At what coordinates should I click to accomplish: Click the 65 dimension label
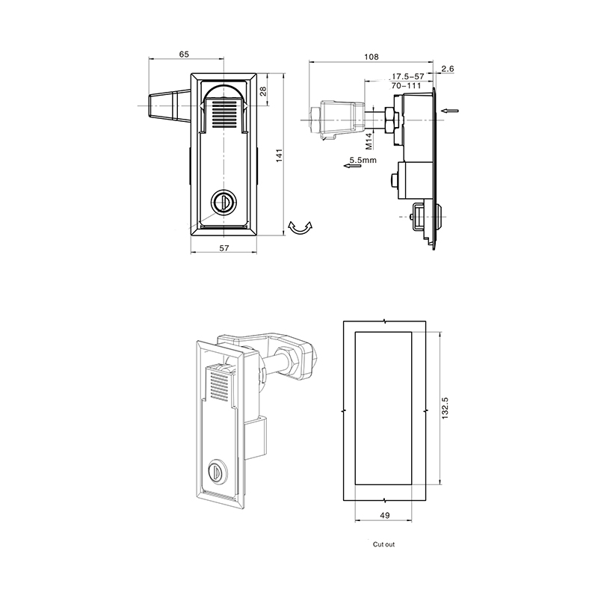click(184, 54)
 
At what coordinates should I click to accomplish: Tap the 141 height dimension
click(279, 155)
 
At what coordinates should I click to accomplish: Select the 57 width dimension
click(224, 248)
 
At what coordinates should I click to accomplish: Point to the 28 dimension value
click(263, 91)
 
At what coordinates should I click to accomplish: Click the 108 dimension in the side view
click(371, 57)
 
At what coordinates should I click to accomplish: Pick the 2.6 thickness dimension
click(448, 69)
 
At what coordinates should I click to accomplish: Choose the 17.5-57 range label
click(408, 76)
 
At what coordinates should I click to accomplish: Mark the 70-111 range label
click(406, 86)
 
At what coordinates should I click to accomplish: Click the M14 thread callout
click(369, 141)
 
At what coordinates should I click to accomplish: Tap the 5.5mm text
click(363, 160)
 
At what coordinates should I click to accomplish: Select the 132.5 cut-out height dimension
click(445, 408)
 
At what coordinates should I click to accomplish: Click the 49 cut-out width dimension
click(385, 516)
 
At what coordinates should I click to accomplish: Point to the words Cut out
click(383, 544)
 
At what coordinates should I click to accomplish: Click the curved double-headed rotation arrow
click(300, 229)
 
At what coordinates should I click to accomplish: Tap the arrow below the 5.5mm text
click(352, 166)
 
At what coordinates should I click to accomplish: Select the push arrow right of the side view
click(450, 111)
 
